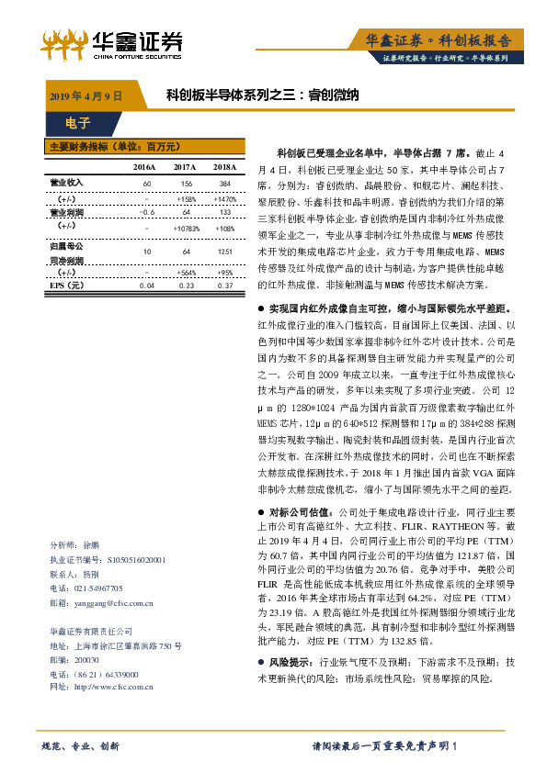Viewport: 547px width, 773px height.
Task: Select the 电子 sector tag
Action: click(x=78, y=123)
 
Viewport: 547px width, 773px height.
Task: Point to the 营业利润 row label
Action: click(x=66, y=212)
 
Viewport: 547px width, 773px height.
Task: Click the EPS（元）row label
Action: click(x=66, y=286)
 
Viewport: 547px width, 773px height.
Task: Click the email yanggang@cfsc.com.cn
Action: click(x=115, y=603)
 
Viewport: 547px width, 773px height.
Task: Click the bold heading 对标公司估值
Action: click(x=302, y=512)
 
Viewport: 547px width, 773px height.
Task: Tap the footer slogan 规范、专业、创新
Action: click(x=81, y=745)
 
